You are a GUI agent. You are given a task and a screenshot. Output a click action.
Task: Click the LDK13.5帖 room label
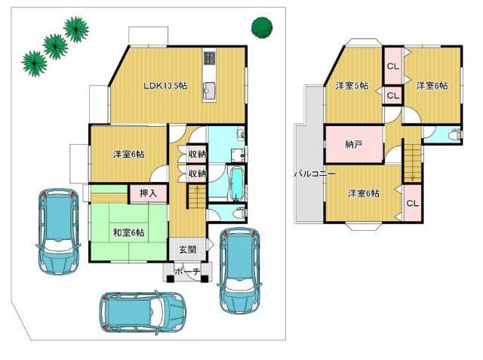[165, 85]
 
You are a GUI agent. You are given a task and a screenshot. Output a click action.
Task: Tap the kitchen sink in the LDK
[208, 91]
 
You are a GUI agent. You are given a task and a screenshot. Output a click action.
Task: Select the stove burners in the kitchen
[209, 57]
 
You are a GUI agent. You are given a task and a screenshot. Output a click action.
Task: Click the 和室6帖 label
[128, 232]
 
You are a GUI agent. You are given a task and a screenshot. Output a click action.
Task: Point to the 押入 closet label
[149, 193]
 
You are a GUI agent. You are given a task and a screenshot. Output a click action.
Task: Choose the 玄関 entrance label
[188, 249]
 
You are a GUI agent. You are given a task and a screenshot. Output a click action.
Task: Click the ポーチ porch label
[188, 271]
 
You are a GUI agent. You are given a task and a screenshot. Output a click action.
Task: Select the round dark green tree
[262, 28]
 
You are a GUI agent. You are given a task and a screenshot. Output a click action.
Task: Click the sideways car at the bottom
[143, 312]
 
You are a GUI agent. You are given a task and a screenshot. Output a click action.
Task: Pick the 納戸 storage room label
[353, 144]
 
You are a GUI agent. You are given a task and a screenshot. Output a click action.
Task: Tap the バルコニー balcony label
[315, 174]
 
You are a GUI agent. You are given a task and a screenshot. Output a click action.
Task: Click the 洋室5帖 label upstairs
[352, 85]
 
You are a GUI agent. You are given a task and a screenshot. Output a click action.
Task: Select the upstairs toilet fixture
[455, 134]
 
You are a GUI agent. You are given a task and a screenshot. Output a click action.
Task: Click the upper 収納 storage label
[197, 154]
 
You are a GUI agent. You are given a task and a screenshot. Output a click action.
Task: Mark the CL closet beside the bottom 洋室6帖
[413, 203]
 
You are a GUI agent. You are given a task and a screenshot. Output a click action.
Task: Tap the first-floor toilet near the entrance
[240, 213]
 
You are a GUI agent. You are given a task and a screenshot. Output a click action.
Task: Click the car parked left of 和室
[58, 232]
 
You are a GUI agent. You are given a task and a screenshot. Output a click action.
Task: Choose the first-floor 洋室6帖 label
[128, 154]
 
